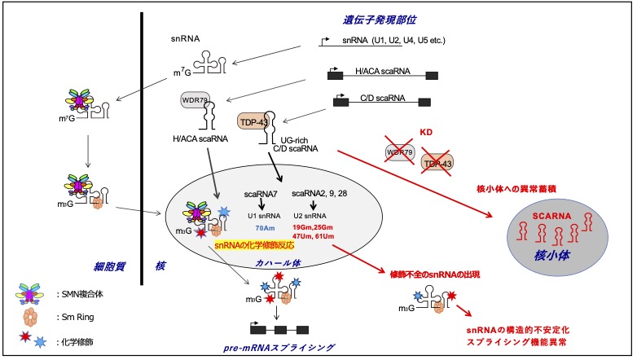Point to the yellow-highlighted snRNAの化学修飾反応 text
point(254,244)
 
